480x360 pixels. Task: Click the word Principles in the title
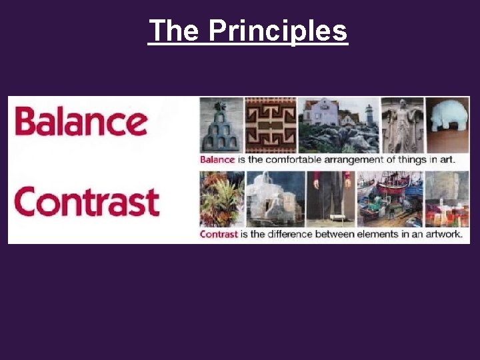[x=278, y=31]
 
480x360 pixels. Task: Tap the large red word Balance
[x=81, y=122]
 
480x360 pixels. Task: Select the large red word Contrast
[x=87, y=202]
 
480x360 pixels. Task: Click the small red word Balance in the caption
[x=217, y=159]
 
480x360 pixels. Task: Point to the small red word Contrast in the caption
[x=219, y=235]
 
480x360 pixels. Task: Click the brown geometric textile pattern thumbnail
[x=270, y=125]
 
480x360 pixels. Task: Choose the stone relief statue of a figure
[x=402, y=125]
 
